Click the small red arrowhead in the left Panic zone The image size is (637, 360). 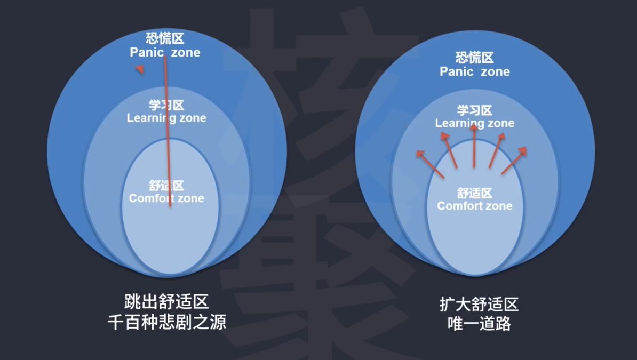139,69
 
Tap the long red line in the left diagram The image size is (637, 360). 167,133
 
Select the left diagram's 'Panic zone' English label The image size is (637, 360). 165,52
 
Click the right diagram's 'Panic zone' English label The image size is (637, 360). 474,71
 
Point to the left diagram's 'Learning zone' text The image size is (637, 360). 166,118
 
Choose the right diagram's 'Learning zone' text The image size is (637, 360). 474,123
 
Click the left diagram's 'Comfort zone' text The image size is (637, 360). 166,198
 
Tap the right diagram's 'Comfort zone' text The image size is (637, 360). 474,206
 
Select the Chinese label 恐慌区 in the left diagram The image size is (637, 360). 165,39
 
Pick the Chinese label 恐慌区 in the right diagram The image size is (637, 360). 474,58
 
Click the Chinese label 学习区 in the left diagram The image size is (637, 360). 166,105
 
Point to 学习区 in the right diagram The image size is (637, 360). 474,110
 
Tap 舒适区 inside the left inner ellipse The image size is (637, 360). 166,186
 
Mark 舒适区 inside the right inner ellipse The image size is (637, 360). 474,193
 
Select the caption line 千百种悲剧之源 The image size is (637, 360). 166,322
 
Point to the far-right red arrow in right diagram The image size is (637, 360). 513,161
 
